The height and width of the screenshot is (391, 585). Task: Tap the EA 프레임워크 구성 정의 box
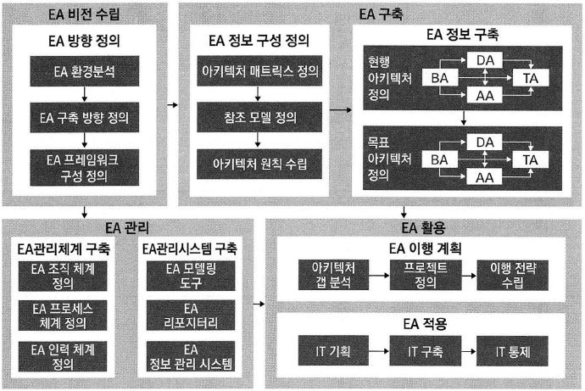click(87, 167)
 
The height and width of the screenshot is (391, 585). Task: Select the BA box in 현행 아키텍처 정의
click(440, 78)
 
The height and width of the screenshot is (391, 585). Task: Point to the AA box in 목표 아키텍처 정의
click(486, 177)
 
